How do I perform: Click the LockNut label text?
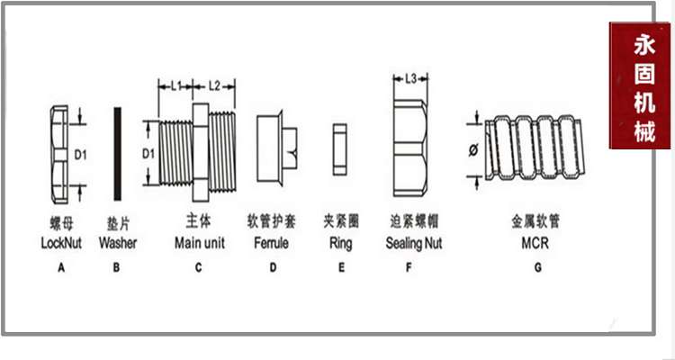coord(62,243)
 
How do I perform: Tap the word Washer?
coord(118,243)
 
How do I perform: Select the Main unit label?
coord(199,243)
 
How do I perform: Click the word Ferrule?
coord(272,243)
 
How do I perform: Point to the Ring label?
coord(341,243)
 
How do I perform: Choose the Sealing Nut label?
coord(414,243)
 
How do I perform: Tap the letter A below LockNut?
coord(61,267)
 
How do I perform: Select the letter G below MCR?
coord(537,267)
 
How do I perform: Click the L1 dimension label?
coord(176,87)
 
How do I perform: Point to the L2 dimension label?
coord(214,87)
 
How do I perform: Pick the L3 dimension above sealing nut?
coord(409,79)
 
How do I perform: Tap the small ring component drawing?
coord(339,149)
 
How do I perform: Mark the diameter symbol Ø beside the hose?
coord(474,150)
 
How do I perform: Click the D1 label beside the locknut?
coord(79,155)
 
